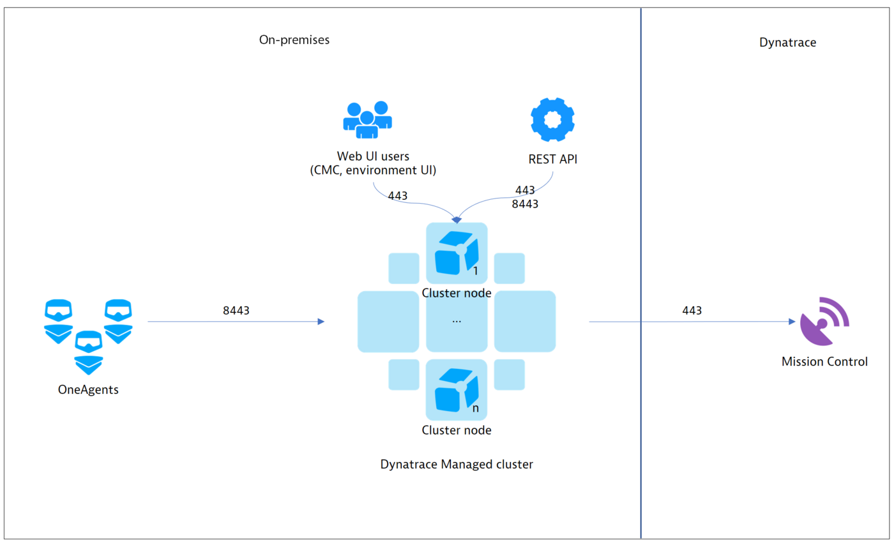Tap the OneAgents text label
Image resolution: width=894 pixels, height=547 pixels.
coord(88,389)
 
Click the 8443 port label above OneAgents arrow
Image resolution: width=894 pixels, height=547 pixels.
coord(236,311)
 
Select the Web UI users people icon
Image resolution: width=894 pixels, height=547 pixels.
coord(367,119)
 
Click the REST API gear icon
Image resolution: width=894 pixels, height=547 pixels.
coord(552,119)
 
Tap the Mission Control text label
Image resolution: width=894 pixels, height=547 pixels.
coord(824,362)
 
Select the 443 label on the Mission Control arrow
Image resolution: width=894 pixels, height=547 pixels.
coord(692,311)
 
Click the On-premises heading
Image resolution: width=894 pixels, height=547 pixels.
coord(294,40)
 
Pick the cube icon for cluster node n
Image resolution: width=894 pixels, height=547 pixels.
coord(456,391)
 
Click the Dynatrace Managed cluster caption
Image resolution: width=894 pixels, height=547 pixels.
coord(456,465)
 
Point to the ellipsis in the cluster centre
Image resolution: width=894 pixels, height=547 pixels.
coord(456,321)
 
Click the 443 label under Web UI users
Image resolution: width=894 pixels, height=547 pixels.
coord(398,195)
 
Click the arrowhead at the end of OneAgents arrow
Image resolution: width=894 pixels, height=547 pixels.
coord(321,322)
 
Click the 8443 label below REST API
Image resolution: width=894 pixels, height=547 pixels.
coord(525,204)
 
